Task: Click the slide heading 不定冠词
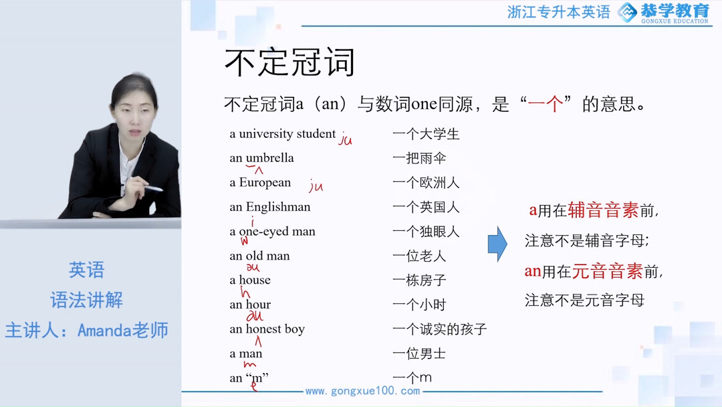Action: (289, 63)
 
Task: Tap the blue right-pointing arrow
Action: (497, 244)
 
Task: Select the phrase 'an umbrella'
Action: (261, 158)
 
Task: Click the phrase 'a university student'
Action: (282, 134)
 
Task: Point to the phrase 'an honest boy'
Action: (267, 329)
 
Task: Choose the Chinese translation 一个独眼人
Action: (426, 232)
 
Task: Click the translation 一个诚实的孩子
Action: (439, 329)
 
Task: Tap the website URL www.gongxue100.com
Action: (362, 391)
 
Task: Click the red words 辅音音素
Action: (603, 210)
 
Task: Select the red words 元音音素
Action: (607, 271)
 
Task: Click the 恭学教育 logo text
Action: (674, 10)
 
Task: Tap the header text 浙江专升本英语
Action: (559, 12)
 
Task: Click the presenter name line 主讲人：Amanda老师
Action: (87, 330)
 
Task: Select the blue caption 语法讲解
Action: (87, 300)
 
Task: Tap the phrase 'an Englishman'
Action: (270, 207)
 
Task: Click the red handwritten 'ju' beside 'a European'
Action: (316, 186)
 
